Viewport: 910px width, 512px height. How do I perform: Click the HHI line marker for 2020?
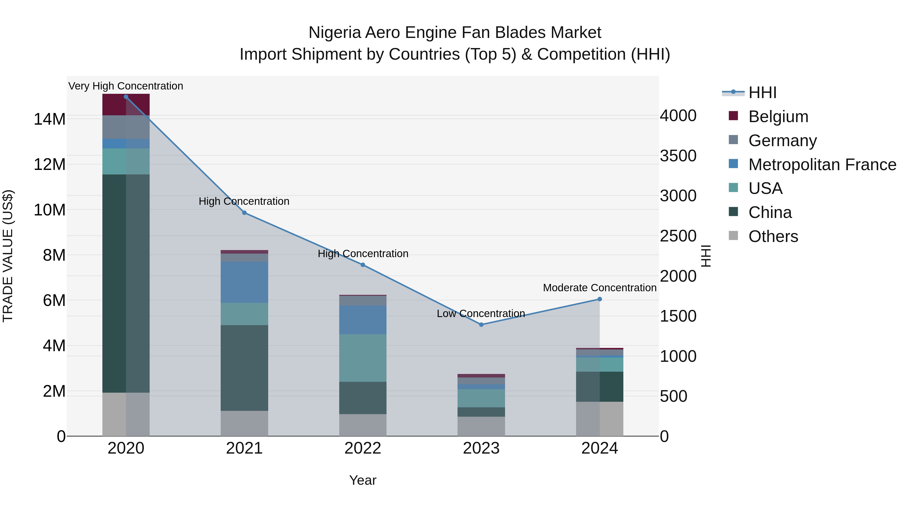126,97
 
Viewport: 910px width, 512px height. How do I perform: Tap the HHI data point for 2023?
481,324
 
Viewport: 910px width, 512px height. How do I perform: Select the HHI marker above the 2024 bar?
600,299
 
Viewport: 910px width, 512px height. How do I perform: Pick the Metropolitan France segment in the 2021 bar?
244,282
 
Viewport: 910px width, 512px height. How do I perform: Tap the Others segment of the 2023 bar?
481,426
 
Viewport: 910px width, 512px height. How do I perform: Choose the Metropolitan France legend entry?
822,165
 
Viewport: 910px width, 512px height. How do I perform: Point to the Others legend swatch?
733,236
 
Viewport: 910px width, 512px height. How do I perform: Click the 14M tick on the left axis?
50,119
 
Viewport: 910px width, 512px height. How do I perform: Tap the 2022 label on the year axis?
363,448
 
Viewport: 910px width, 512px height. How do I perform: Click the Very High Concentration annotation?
126,86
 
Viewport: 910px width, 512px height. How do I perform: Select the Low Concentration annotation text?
481,314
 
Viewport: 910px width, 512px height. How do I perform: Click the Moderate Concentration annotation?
600,288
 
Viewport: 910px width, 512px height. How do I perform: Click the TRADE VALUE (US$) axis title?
8,256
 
